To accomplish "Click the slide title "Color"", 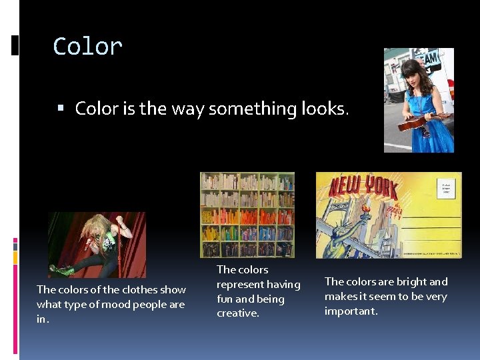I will click(87, 47).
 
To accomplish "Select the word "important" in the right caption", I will click(351, 311).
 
